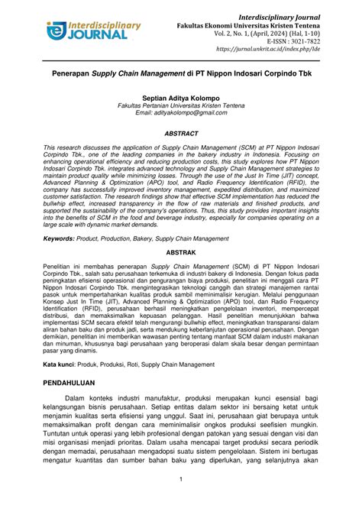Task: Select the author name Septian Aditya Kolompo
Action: pyautogui.click(x=181, y=99)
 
